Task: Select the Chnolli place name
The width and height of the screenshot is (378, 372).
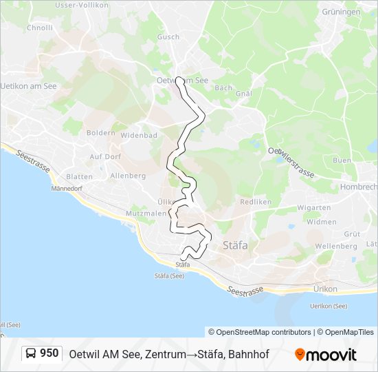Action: tap(39, 28)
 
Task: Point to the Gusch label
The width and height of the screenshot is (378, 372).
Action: tap(168, 37)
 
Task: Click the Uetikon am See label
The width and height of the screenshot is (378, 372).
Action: tap(29, 86)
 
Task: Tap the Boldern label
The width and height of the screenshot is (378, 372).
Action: tap(100, 132)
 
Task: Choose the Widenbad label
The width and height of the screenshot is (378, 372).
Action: tap(140, 135)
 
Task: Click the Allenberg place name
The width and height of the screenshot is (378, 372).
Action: tap(129, 176)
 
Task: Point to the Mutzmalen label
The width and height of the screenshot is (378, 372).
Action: tap(146, 214)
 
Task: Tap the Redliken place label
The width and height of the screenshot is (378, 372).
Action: tap(256, 202)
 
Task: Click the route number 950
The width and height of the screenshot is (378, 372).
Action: tap(49, 353)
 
